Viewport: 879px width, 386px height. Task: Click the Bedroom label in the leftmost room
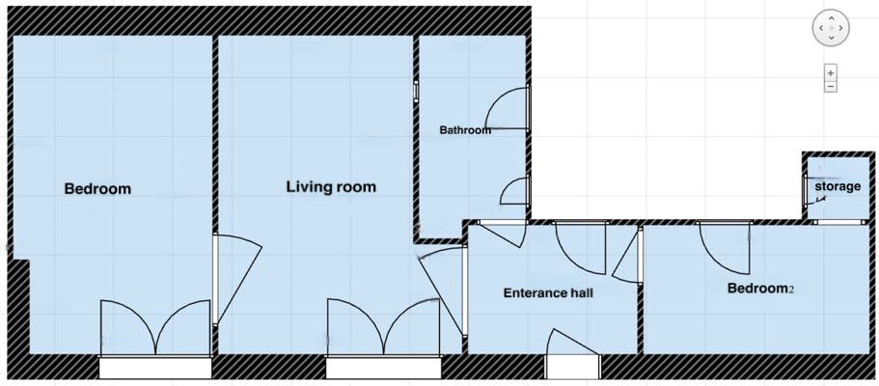coord(97,188)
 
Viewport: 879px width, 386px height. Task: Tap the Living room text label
coord(331,186)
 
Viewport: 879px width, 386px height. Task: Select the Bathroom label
coord(465,130)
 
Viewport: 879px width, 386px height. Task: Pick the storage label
coord(837,186)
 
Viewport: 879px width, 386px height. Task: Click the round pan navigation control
coord(831,29)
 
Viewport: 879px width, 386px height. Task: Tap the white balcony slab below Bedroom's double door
coord(154,367)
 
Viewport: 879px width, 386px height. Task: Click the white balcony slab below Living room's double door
coord(383,367)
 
